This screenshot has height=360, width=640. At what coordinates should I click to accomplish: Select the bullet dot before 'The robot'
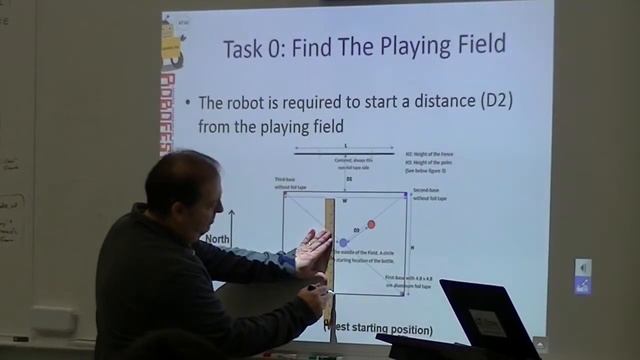189,104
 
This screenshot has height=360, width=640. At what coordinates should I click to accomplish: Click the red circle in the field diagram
371,225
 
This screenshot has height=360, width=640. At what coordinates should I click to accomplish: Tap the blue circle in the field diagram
343,242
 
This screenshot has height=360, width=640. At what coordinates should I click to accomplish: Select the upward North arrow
232,225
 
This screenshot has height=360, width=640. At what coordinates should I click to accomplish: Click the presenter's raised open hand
314,250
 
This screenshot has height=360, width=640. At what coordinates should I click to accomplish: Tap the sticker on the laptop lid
487,323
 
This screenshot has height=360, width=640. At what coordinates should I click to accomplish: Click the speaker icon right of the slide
583,268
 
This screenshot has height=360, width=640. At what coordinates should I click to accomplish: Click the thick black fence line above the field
347,154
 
